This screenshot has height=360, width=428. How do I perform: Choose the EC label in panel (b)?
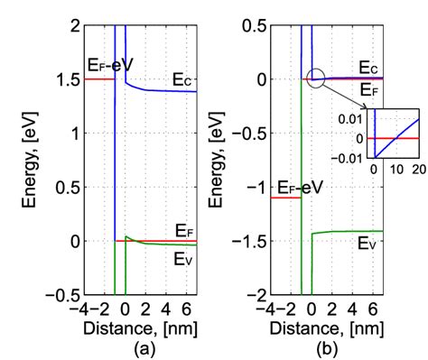point(368,67)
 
